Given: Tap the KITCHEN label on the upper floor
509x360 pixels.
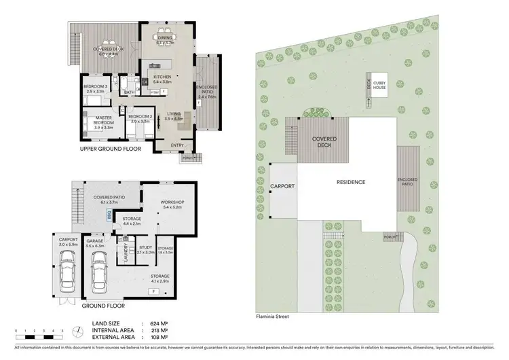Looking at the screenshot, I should click(x=162, y=77).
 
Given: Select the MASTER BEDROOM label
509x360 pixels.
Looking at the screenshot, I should click(x=94, y=120).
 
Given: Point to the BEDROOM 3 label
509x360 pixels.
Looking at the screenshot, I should click(x=96, y=87).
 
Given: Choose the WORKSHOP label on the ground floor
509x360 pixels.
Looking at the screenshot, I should click(x=172, y=202).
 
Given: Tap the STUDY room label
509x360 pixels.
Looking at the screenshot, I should click(x=145, y=248).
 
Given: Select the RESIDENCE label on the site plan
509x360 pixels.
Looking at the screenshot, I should click(x=352, y=182).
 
